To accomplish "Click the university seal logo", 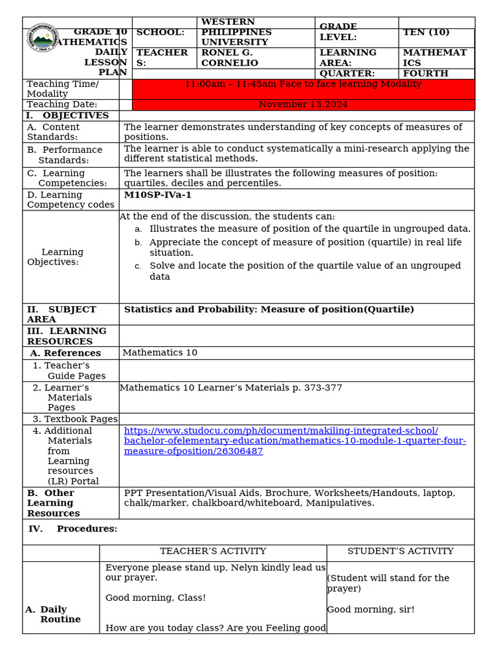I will [43, 40].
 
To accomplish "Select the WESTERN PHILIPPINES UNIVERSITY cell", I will [236, 32].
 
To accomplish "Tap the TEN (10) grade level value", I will [426, 32].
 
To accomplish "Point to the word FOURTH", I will [425, 74].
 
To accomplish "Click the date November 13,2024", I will [303, 104].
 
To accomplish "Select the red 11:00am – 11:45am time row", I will [303, 84].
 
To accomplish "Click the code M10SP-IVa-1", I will [157, 195].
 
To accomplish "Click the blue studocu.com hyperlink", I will [294, 441].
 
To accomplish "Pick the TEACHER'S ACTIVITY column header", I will [213, 551].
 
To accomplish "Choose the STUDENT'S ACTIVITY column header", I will [400, 551].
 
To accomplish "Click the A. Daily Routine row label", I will [55, 614].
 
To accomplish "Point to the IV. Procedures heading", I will [72, 529].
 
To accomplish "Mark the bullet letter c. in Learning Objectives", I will [138, 266].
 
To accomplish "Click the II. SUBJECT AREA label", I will [61, 314].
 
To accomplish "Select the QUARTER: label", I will [347, 74].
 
